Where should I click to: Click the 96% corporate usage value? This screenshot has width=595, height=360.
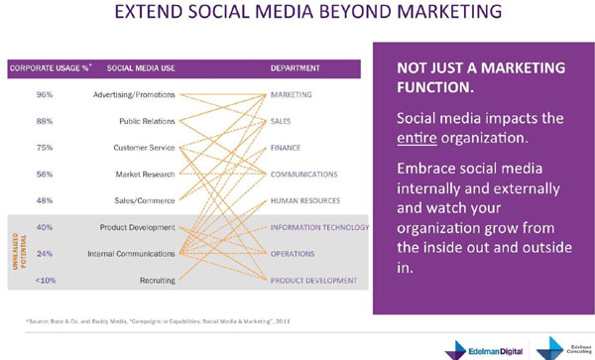(x=44, y=95)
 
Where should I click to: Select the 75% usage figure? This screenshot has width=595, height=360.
(x=44, y=148)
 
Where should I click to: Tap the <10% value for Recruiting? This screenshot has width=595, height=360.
(x=44, y=281)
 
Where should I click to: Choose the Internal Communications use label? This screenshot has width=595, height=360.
(x=132, y=254)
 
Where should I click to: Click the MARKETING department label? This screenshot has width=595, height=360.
(x=292, y=95)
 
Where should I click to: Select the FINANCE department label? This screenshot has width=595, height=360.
(x=287, y=148)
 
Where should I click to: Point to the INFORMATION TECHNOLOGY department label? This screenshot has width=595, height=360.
(x=319, y=227)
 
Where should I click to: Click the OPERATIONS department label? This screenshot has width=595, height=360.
(x=294, y=254)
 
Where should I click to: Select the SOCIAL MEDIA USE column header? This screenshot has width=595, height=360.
(x=142, y=68)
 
